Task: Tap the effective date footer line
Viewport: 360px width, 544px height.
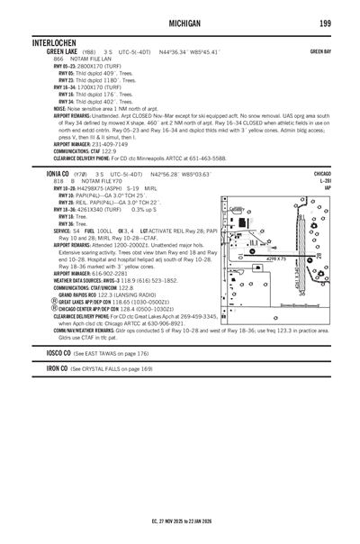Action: pyautogui.click(x=180, y=521)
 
